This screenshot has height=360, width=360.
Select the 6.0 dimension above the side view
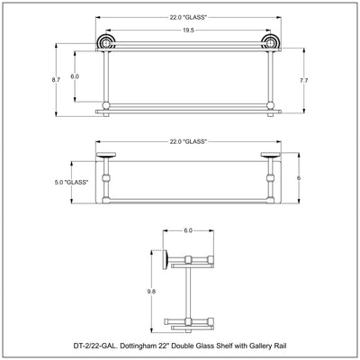188,230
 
